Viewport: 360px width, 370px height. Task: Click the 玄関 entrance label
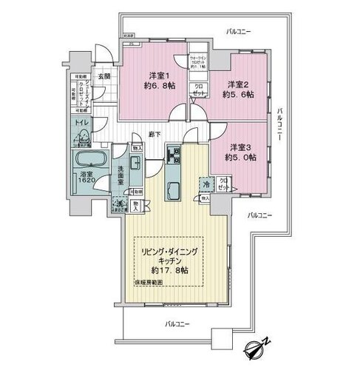click(x=102, y=76)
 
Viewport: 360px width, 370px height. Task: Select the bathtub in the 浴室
click(x=89, y=161)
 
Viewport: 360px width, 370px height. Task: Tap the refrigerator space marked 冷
click(x=204, y=184)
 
